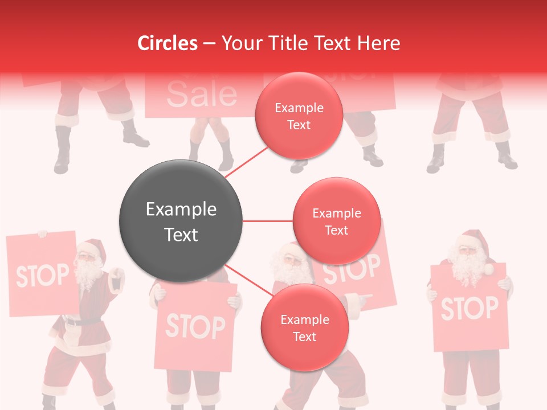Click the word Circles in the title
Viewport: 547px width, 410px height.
pos(167,43)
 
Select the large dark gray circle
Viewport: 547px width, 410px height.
pos(181,222)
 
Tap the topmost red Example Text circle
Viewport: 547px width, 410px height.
pos(299,116)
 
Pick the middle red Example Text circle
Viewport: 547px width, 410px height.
pos(336,222)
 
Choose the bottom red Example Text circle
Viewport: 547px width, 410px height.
pos(304,328)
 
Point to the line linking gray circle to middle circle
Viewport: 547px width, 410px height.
pos(267,221)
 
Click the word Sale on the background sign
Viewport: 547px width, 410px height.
pos(201,94)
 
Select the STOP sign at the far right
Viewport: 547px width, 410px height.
pos(468,308)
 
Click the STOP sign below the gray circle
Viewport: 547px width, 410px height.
pos(195,327)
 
